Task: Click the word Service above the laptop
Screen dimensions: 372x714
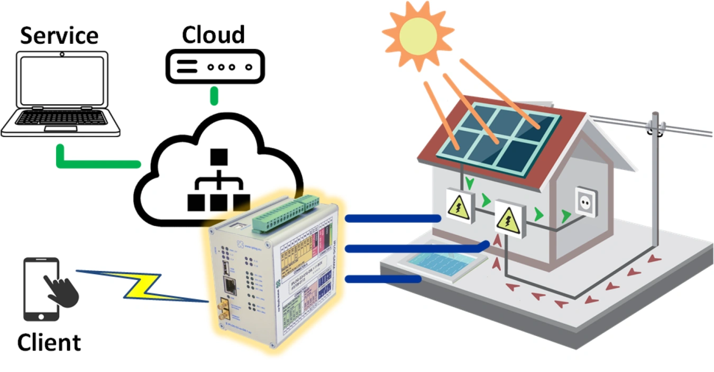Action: click(x=59, y=35)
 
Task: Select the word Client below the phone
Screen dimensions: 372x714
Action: click(x=49, y=342)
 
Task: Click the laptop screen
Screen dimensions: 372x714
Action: click(x=61, y=81)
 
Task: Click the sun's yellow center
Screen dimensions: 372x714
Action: click(x=418, y=35)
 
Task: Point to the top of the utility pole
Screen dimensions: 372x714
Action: click(x=656, y=117)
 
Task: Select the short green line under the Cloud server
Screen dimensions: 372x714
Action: click(x=214, y=95)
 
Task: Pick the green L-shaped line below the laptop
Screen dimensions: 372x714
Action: click(x=90, y=159)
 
